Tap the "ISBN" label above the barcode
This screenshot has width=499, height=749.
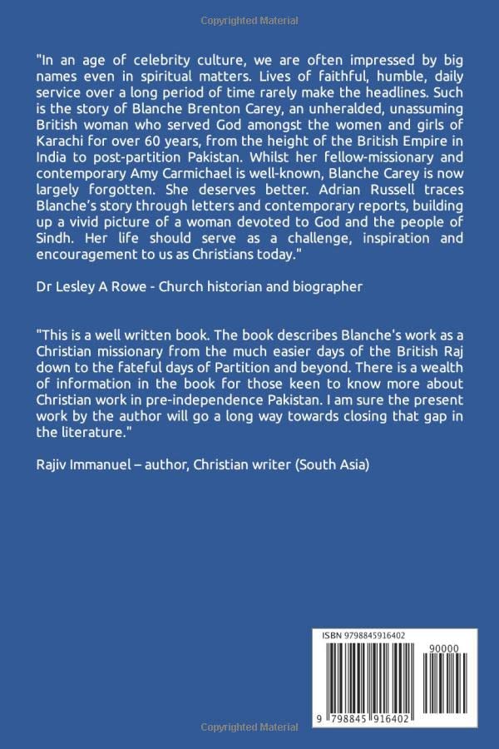pyautogui.click(x=333, y=636)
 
